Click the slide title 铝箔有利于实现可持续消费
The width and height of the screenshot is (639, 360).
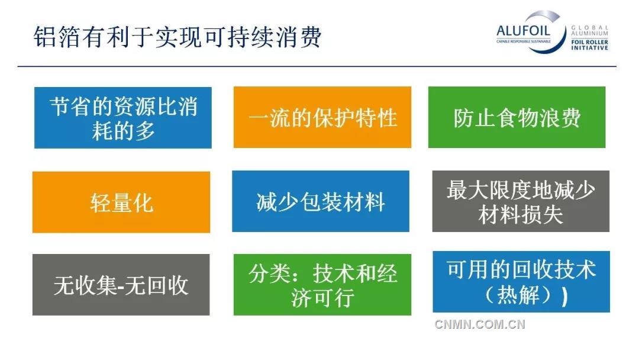coord(177,37)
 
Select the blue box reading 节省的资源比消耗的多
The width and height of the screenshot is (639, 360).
coord(123,118)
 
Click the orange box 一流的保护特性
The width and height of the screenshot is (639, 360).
coord(322,117)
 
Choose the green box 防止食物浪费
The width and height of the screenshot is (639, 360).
coord(517,117)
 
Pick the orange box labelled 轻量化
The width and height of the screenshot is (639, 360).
coord(121,202)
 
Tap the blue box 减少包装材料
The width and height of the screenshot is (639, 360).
coord(321,201)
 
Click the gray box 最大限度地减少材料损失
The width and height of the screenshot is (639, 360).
coord(521,202)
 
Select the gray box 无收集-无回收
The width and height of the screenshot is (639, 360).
coord(121,285)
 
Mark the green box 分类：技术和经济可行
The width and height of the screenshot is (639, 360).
coord(322,285)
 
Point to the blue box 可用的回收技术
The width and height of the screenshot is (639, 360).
coord(521,282)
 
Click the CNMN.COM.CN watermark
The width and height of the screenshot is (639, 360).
coord(480,324)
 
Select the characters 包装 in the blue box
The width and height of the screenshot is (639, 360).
coord(321,202)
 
